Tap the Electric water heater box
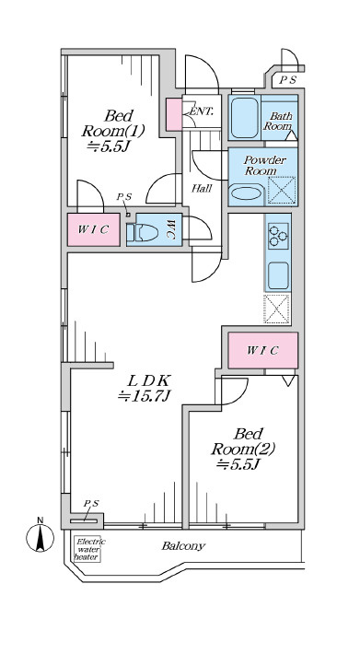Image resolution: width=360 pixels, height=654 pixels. coord(87,549)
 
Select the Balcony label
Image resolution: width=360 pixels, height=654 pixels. coord(183,545)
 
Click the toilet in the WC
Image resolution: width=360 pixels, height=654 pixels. coord(142,233)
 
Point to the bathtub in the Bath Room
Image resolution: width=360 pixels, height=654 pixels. coord(245,118)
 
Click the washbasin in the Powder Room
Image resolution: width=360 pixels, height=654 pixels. coord(246,193)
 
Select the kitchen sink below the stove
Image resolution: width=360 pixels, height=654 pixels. coord(278,275)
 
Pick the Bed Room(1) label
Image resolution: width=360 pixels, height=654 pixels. coord(113,130)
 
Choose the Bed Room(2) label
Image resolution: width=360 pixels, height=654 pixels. coord(243,449)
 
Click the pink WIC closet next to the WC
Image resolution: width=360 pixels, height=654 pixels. coord(94,229)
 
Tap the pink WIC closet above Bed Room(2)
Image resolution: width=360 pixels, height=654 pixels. coord(263,350)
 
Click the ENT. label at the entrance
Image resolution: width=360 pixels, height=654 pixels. coord(202,111)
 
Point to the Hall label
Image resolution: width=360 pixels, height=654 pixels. coord(202,189)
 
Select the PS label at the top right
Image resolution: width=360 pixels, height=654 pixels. coord(287,80)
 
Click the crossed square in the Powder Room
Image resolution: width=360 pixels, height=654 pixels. coord(281,191)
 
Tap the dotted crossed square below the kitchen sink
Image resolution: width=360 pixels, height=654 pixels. coord(276,309)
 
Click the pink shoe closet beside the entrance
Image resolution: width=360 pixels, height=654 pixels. coord(174,114)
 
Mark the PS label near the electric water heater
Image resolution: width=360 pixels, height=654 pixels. coord(91,504)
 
